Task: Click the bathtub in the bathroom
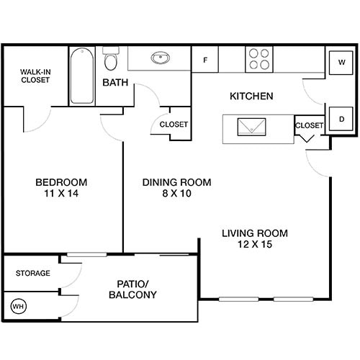82,76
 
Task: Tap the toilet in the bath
111,60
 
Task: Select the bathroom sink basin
160,58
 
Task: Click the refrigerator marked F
205,60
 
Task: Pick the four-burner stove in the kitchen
258,59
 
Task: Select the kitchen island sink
253,127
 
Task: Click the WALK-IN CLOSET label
35,76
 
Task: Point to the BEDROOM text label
61,182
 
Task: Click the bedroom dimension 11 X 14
61,194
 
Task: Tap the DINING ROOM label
176,183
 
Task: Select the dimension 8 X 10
176,194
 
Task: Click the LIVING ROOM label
255,233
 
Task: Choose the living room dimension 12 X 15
255,245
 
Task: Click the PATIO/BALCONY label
133,289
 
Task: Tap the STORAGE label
33,274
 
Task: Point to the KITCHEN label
251,96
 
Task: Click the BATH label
115,83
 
